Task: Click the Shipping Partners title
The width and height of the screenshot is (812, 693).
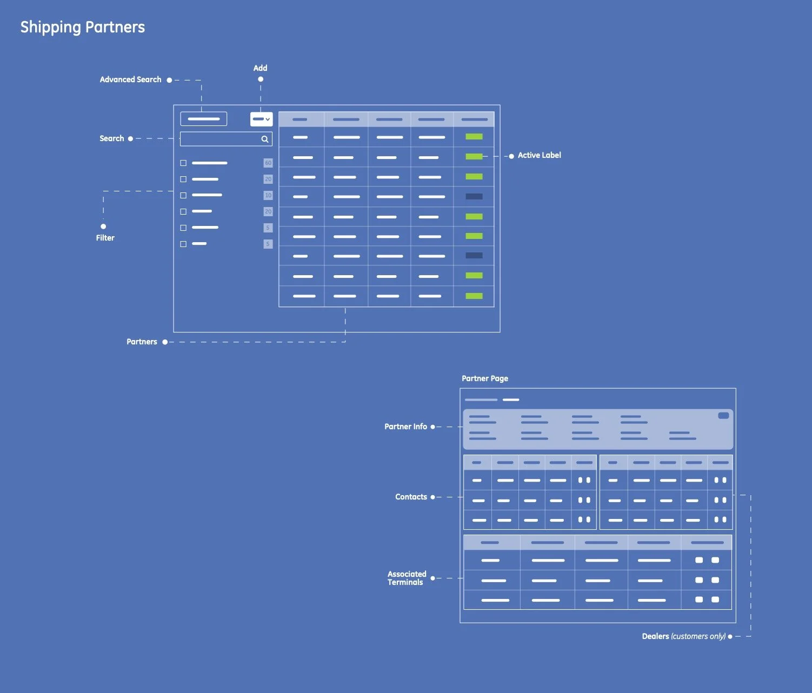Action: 83,27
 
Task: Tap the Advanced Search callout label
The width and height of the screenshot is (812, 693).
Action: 130,79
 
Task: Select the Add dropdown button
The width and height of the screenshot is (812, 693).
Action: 261,119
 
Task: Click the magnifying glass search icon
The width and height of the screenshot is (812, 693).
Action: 265,139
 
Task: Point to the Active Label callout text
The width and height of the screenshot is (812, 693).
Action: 539,155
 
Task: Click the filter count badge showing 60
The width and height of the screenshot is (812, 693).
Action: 268,163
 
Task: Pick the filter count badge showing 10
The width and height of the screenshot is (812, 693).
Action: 268,195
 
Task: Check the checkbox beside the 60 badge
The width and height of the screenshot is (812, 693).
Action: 183,163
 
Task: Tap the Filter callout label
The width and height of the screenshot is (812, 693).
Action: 105,238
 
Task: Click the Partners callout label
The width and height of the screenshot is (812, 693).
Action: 142,342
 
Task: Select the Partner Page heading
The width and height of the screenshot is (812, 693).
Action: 485,378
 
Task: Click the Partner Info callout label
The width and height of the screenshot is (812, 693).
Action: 405,427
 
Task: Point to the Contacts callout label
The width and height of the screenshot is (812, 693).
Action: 411,497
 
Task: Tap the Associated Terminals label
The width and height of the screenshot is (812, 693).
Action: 407,578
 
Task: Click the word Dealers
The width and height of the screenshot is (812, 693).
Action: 655,636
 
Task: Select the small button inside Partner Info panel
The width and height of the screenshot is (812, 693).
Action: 723,416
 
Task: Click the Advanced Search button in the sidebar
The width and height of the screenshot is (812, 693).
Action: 204,119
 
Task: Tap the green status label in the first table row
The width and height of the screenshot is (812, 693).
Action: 474,137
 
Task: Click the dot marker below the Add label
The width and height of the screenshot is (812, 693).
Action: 261,79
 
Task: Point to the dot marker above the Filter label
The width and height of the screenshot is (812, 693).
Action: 103,226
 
